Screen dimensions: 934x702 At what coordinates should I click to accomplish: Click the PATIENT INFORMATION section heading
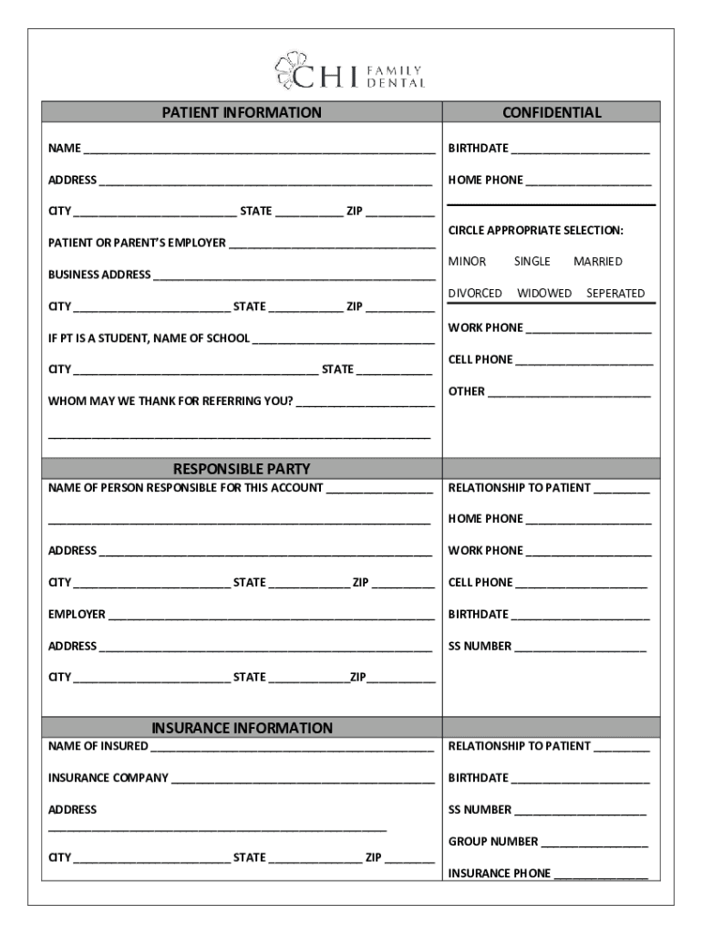click(x=242, y=113)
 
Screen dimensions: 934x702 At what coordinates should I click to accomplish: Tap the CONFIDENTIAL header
click(x=551, y=113)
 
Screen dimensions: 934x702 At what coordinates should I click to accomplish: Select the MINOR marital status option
click(x=467, y=262)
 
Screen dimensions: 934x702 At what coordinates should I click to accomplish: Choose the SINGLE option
click(x=532, y=262)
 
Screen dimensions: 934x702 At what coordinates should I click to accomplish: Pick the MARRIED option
click(x=597, y=262)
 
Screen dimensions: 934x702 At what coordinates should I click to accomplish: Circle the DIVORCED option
click(x=474, y=294)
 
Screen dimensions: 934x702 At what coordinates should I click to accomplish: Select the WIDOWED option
click(x=544, y=294)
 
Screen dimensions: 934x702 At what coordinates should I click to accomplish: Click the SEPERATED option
click(x=615, y=294)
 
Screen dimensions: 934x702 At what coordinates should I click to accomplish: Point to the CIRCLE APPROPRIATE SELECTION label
click(x=535, y=230)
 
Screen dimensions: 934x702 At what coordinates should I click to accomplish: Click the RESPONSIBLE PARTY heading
click(x=242, y=469)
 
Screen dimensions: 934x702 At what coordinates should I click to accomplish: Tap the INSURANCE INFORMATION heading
click(x=242, y=728)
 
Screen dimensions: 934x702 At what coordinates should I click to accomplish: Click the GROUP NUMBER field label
click(x=492, y=842)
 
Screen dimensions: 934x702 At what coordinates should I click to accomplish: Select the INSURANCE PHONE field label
click(x=499, y=874)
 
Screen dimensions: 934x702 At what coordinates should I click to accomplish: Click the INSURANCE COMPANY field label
click(x=108, y=778)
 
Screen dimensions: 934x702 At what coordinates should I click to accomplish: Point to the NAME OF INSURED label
click(x=98, y=746)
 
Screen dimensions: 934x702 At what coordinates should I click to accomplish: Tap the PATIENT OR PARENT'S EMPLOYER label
click(x=137, y=244)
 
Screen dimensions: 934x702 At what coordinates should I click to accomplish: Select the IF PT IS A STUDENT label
click(x=149, y=338)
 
